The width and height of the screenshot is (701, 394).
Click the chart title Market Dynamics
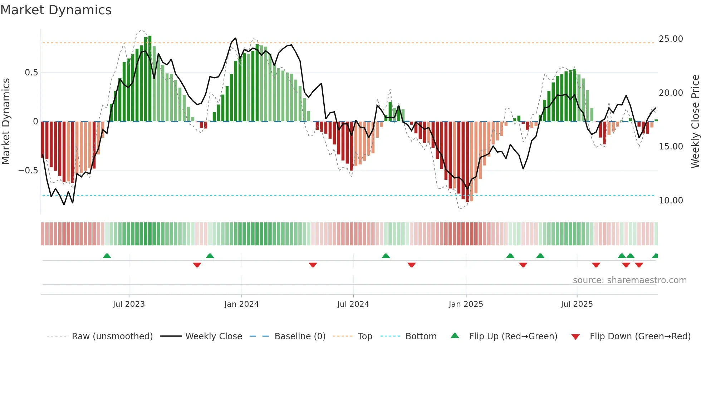[x=56, y=10]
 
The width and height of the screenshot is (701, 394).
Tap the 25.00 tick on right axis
[x=671, y=39]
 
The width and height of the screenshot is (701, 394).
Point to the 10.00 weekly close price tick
[x=671, y=201]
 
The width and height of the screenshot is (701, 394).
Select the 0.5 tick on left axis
[x=31, y=73]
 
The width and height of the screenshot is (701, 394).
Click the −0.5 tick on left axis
[x=28, y=171]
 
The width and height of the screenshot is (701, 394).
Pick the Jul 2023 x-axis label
[x=129, y=304]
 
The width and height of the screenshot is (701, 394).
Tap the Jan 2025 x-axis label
[x=466, y=304]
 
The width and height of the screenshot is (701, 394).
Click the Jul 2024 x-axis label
[x=353, y=304]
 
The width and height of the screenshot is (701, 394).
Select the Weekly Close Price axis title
[x=695, y=122]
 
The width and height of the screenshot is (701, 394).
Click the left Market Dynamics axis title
[x=6, y=122]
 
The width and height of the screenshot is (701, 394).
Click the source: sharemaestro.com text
[x=629, y=280]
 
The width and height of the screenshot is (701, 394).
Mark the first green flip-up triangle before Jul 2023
[x=107, y=256]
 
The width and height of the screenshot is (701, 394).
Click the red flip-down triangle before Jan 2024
[x=197, y=265]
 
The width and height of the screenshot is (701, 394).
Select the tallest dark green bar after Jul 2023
[x=150, y=79]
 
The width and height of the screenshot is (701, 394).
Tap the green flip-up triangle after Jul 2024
[x=386, y=256]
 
